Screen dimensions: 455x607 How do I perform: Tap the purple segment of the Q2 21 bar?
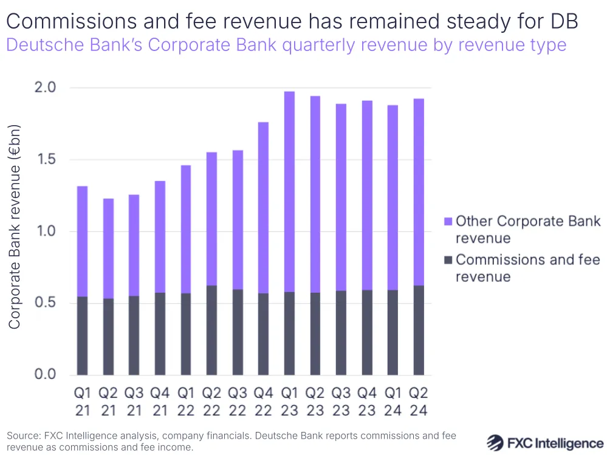108,248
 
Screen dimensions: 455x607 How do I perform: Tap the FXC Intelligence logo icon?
496,442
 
